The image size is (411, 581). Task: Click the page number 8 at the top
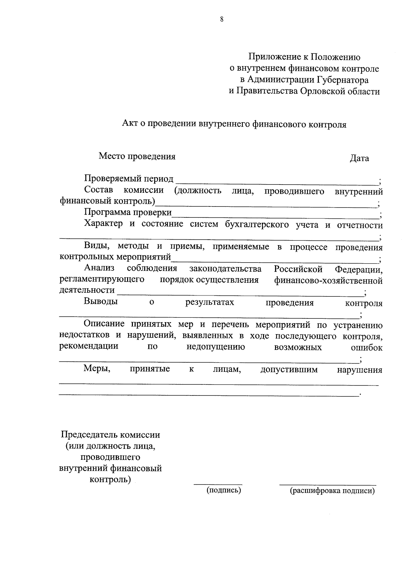coord(222,20)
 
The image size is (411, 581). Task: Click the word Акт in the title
coord(129,124)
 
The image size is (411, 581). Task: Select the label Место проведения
coord(137,156)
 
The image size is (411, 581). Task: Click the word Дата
coord(359,158)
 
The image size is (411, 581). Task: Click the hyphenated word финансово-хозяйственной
coord(328,281)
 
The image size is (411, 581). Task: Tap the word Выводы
coord(101,302)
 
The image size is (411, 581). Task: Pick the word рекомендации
coord(89,346)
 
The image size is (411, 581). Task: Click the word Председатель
coord(89,435)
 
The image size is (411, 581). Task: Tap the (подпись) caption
coord(224,490)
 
